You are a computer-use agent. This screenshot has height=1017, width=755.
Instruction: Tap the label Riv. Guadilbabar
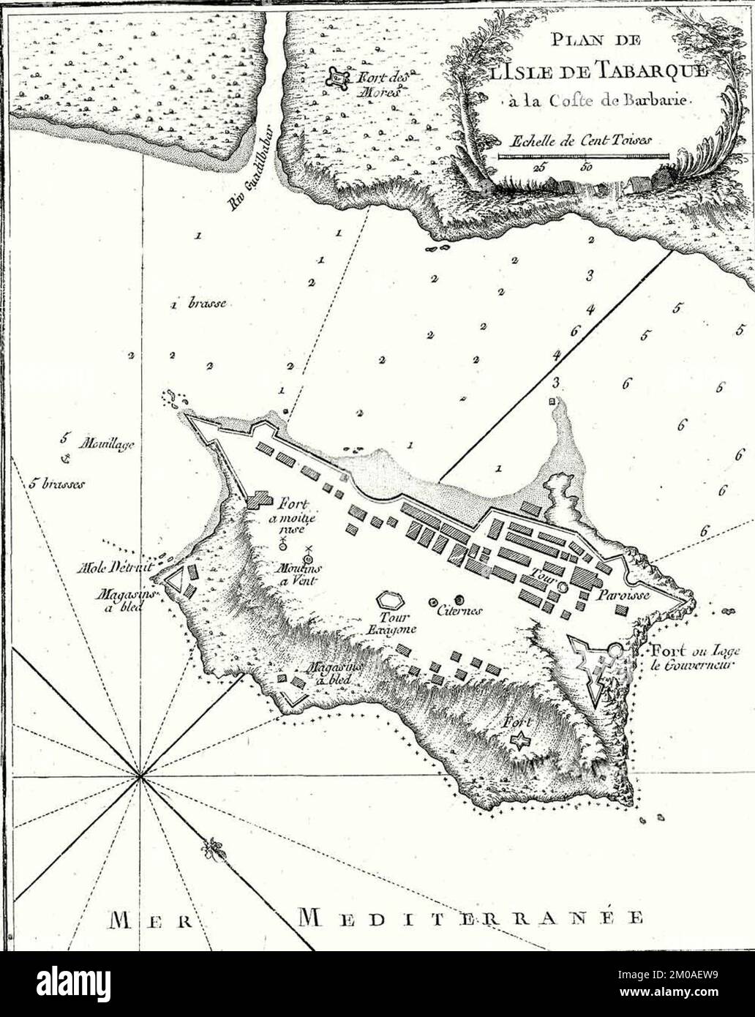250,187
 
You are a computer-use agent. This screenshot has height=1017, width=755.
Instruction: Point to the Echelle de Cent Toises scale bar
583,156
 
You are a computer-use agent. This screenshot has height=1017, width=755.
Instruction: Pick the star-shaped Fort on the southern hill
519,741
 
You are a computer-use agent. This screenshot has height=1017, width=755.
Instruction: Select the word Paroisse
619,595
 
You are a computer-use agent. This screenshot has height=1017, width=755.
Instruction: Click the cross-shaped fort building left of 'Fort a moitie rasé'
258,501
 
